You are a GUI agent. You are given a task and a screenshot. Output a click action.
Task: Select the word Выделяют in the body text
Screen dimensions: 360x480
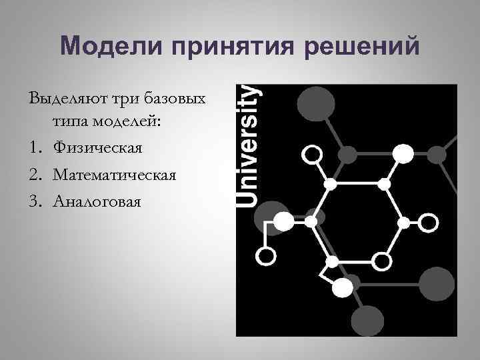click(68, 99)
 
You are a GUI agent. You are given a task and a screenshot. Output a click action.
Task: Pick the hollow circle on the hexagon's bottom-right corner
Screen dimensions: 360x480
click(381, 260)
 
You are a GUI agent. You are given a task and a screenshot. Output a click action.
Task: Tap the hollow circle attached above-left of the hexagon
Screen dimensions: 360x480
click(313, 155)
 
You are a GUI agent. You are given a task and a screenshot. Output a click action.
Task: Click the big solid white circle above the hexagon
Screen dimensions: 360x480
click(403, 155)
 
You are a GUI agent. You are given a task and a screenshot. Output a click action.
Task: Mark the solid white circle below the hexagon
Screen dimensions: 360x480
click(342, 287)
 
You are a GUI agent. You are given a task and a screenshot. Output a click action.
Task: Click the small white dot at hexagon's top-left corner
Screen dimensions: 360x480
click(329, 183)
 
